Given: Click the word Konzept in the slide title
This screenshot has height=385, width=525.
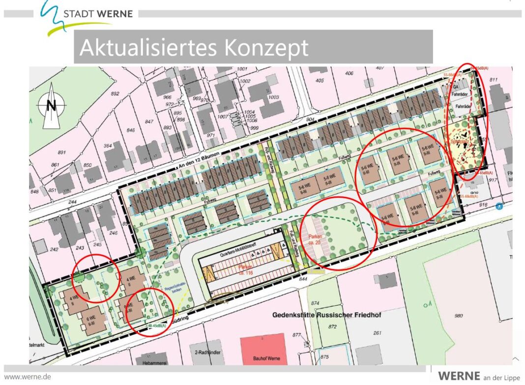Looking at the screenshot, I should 266,48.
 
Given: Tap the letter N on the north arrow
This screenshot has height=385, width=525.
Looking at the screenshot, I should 51,105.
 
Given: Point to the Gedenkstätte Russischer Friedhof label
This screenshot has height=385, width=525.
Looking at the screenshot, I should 326,314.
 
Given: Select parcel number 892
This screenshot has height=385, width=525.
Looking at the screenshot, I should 116,94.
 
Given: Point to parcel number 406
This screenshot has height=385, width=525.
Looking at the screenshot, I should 349,73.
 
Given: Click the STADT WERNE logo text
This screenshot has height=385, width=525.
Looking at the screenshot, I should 98,14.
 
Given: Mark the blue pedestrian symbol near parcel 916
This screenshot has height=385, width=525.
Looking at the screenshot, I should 499,206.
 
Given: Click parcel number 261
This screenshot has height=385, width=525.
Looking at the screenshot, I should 377,333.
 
